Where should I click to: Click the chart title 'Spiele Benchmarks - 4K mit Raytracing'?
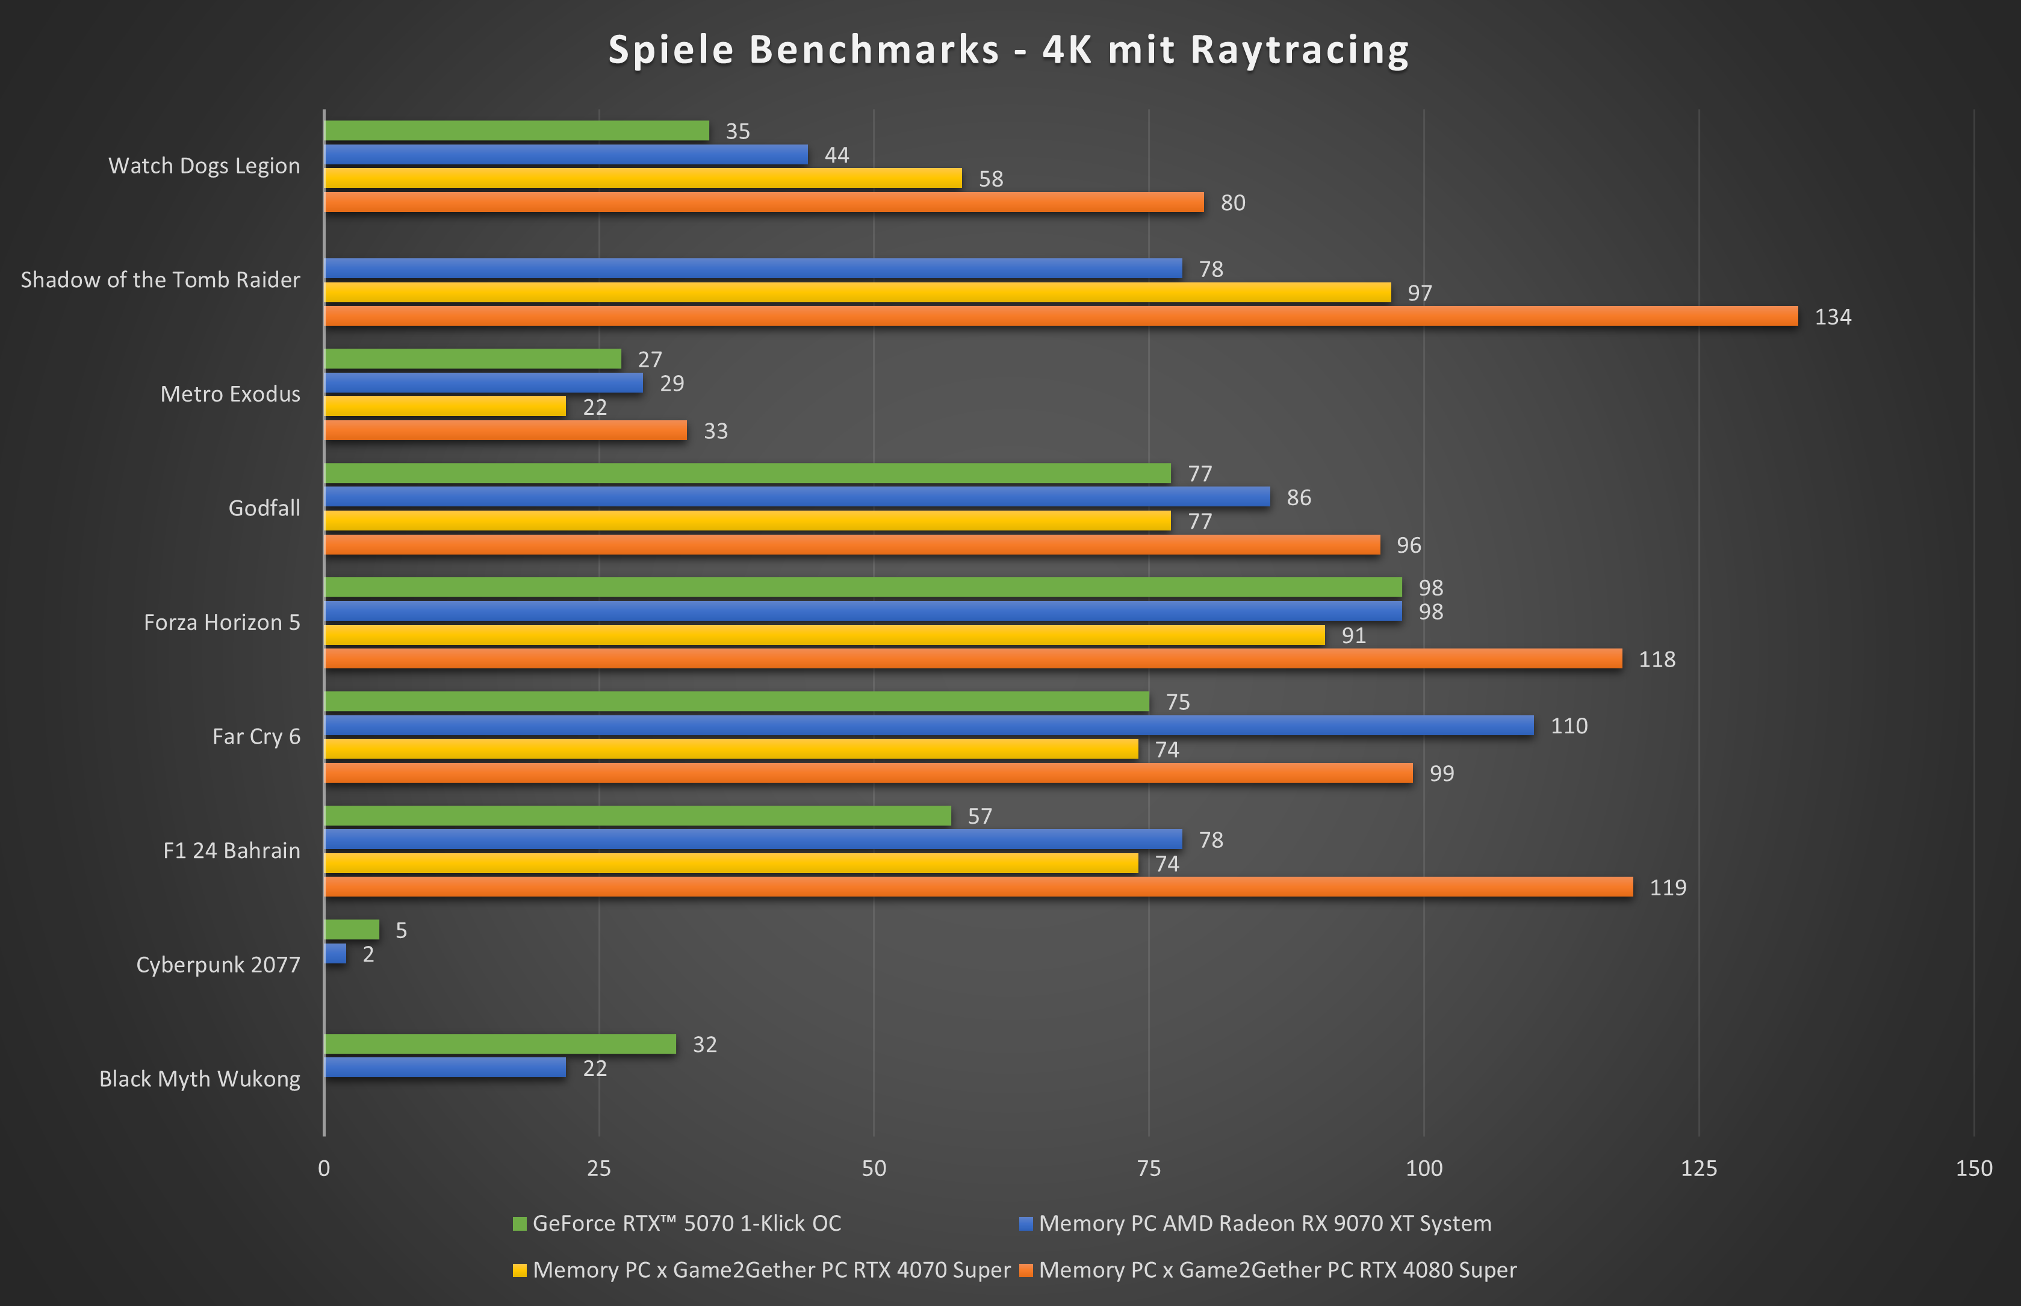tap(1009, 49)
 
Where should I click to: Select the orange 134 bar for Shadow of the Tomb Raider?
tap(1060, 316)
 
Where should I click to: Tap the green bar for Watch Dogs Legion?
tap(517, 131)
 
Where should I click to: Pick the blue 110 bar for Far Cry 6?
tap(928, 725)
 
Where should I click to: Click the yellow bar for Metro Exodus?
tap(444, 406)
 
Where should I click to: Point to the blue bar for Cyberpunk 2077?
tap(335, 954)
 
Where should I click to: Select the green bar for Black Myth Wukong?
tap(500, 1044)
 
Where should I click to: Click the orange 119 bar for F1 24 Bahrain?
tap(978, 887)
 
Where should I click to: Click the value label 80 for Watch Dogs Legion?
tap(1232, 203)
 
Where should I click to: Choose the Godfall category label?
tap(264, 508)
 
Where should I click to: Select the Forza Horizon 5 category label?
tap(222, 623)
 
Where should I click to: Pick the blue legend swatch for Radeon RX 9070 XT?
tap(1026, 1223)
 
